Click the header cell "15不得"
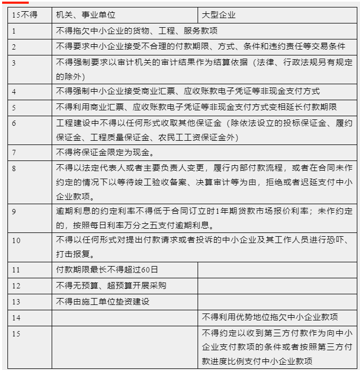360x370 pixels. click(x=24, y=15)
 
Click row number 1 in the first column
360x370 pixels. click(x=14, y=31)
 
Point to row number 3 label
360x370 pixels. click(x=14, y=63)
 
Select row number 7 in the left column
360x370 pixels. click(x=14, y=152)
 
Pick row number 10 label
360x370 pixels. click(x=17, y=240)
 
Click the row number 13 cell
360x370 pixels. click(x=17, y=302)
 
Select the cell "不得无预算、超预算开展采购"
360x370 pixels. click(x=111, y=286)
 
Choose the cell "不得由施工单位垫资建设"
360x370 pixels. click(x=102, y=302)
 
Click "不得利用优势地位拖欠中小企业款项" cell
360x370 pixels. click(x=270, y=317)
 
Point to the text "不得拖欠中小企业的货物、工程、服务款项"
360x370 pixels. click(x=138, y=31)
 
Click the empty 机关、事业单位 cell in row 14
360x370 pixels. click(x=125, y=317)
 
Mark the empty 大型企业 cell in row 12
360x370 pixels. click(x=277, y=286)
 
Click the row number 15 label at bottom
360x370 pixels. click(x=17, y=333)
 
